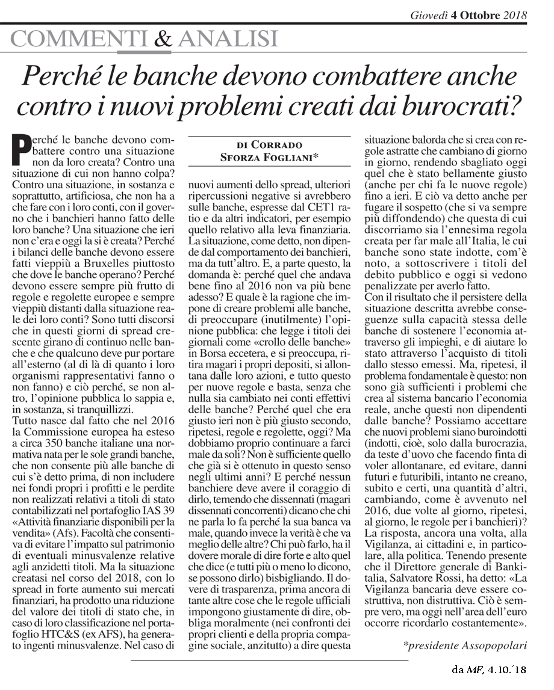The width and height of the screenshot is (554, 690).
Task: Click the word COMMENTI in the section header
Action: pos(79,39)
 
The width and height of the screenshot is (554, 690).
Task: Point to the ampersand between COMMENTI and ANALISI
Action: pos(163,39)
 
